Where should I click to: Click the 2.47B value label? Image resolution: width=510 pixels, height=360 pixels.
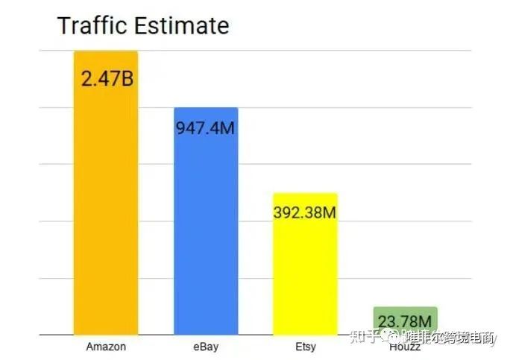tap(107, 78)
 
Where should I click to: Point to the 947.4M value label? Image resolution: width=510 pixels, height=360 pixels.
tap(206, 128)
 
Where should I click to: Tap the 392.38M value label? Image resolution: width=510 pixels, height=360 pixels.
tap(306, 212)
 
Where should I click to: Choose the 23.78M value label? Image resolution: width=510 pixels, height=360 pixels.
tap(406, 321)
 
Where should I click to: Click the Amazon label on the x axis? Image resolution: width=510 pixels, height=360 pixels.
tap(106, 347)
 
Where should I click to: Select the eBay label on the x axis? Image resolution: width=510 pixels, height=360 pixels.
tap(205, 347)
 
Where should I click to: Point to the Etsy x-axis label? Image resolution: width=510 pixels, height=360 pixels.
tap(306, 347)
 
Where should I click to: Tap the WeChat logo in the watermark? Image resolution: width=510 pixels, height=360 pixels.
tap(391, 338)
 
